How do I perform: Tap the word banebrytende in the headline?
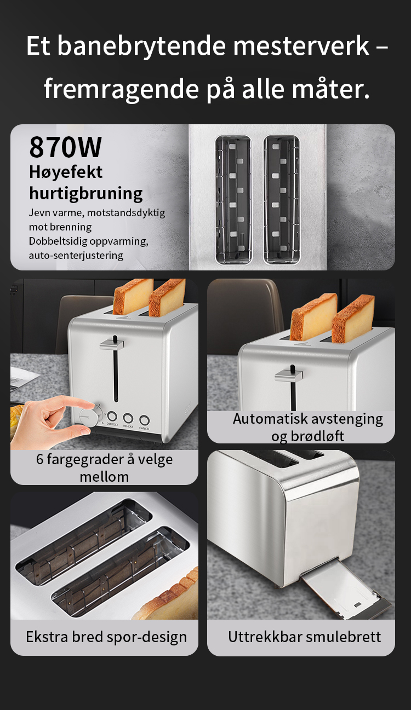click(141, 47)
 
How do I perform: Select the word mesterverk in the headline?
click(301, 46)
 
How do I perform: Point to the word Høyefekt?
click(66, 172)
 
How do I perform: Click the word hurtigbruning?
click(85, 193)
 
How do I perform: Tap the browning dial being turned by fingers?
click(89, 416)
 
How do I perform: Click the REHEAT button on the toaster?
click(128, 418)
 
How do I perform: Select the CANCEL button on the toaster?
click(144, 420)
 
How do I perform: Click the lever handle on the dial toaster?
click(112, 343)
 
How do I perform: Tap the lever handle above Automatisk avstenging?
click(288, 374)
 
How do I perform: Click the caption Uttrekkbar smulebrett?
click(304, 637)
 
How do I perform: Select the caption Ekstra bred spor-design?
click(106, 637)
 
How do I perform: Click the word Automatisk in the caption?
click(269, 418)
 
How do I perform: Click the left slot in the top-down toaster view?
click(233, 200)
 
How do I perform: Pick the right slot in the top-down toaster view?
click(281, 200)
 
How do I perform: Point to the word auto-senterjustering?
click(76, 255)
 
